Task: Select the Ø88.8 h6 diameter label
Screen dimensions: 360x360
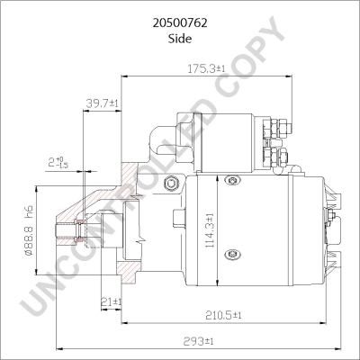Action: [x=29, y=233]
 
